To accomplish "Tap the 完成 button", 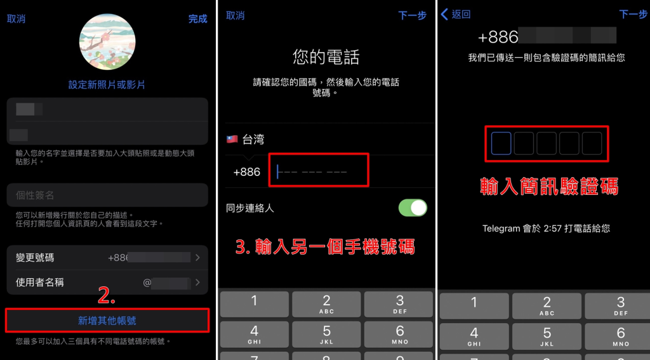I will click(x=197, y=19).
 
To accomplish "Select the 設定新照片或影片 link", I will click(x=107, y=84).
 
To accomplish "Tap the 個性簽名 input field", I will click(x=107, y=195).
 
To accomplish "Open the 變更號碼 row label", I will click(x=35, y=257).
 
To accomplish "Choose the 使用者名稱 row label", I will click(x=39, y=282).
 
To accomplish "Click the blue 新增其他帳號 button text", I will click(x=107, y=321).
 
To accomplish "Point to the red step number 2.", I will click(x=107, y=295).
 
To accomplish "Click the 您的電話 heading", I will click(x=326, y=57).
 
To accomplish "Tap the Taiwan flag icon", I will click(x=232, y=139).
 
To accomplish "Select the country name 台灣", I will click(x=253, y=139).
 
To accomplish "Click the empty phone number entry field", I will click(x=319, y=171).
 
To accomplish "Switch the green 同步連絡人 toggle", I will click(x=413, y=208).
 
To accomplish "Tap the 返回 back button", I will click(x=456, y=15).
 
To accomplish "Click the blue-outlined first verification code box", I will click(x=501, y=143).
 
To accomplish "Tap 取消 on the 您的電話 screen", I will click(x=235, y=15).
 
